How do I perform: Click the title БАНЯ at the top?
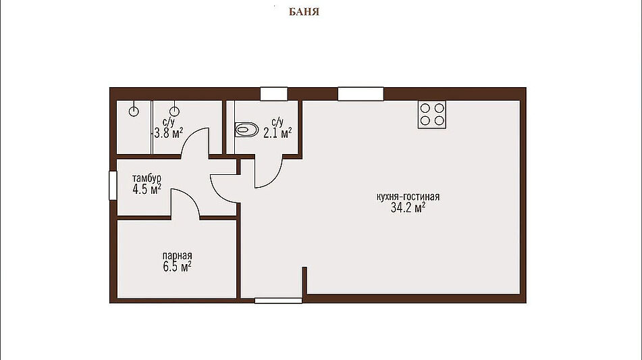(304, 11)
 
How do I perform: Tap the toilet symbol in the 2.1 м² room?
(246, 130)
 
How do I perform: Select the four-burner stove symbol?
(432, 114)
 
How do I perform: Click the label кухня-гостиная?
(408, 197)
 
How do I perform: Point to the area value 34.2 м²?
(408, 207)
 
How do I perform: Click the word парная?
(178, 256)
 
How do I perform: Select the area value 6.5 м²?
(178, 267)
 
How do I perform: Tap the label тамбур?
(146, 178)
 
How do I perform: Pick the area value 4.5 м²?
(146, 189)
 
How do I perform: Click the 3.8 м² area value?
(168, 132)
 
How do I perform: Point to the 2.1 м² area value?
(277, 132)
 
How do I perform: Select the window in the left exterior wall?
(113, 186)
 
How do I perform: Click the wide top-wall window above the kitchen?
(360, 94)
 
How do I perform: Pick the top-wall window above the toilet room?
(274, 94)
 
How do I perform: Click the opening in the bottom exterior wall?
(278, 301)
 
